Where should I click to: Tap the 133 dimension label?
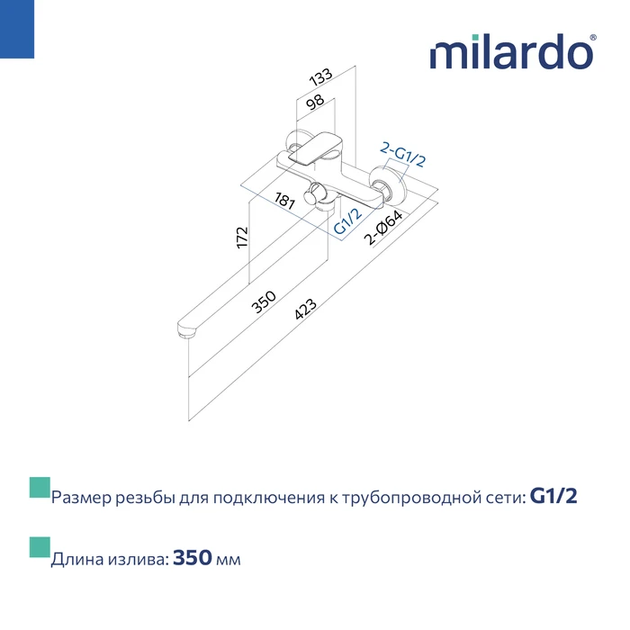[320, 76]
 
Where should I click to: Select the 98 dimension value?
[315, 102]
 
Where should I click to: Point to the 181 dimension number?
[284, 200]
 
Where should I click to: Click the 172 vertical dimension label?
[242, 238]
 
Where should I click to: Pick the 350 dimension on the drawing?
[264, 301]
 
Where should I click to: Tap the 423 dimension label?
[305, 309]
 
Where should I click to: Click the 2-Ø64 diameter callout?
[382, 228]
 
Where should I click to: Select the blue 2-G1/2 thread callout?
[402, 155]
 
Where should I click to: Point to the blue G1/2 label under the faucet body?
[348, 221]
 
